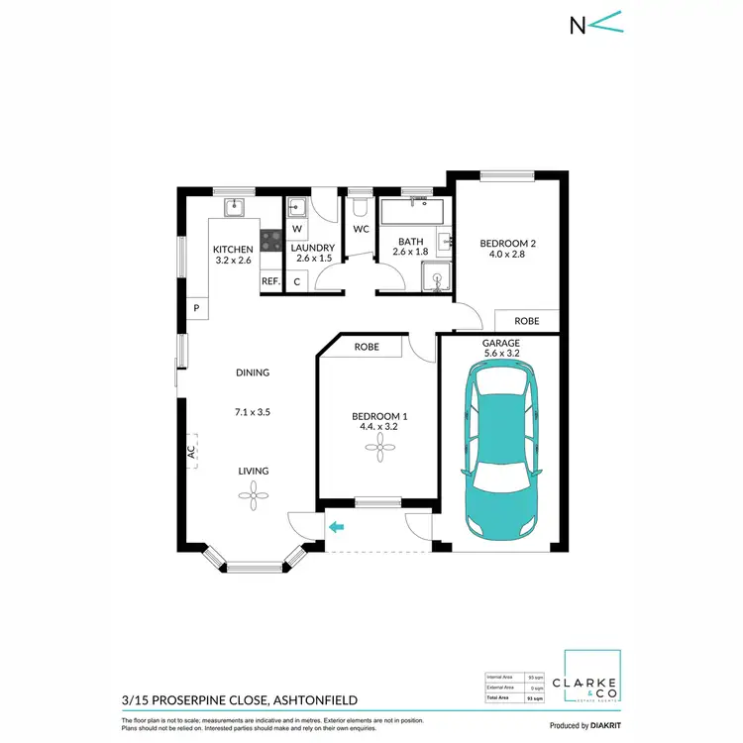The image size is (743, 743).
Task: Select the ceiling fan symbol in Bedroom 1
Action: pyautogui.click(x=376, y=449)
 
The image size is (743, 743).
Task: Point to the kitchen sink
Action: pyautogui.click(x=234, y=207)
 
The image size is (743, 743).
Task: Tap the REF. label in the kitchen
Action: pyautogui.click(x=270, y=281)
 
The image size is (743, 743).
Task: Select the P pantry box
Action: pyautogui.click(x=196, y=309)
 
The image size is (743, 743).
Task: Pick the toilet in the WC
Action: pyautogui.click(x=360, y=208)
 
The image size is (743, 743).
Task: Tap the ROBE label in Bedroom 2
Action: pyautogui.click(x=527, y=321)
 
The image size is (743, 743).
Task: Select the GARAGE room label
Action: pyautogui.click(x=501, y=343)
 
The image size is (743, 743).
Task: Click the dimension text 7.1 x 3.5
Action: pyautogui.click(x=253, y=411)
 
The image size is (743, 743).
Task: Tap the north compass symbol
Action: pyautogui.click(x=595, y=25)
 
